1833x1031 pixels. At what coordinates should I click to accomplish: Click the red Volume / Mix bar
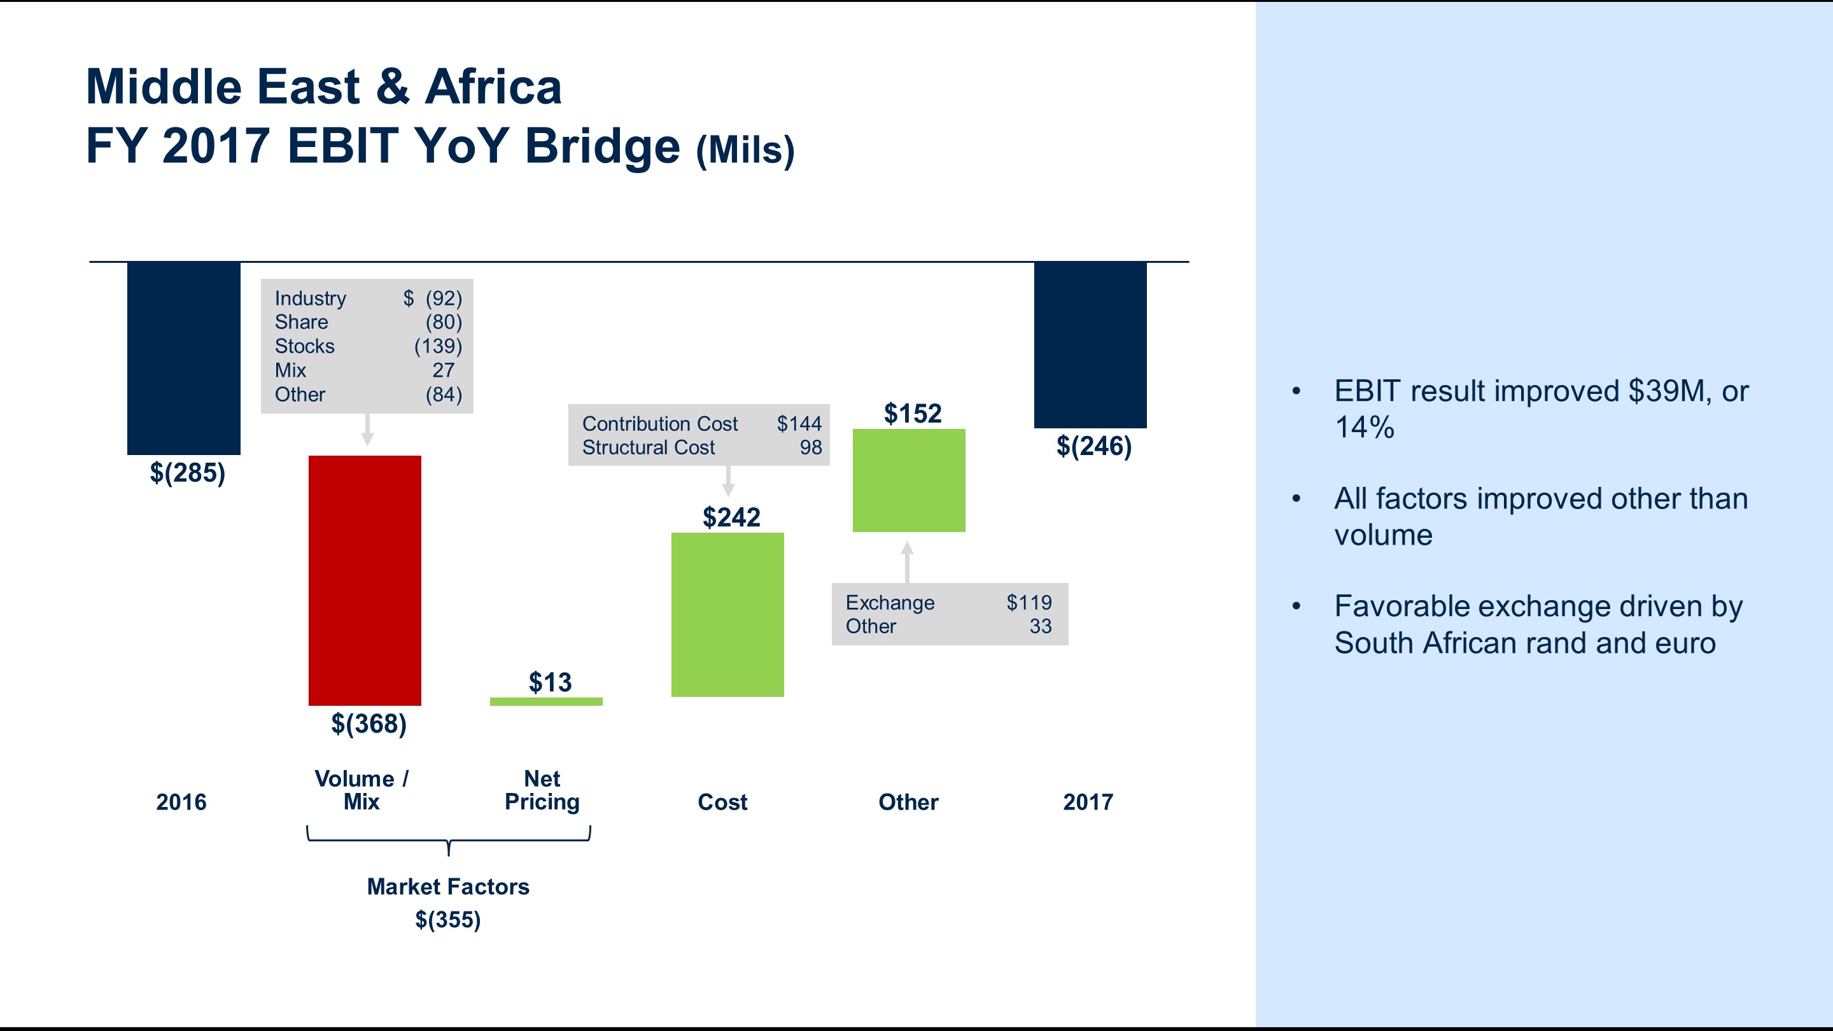pos(364,580)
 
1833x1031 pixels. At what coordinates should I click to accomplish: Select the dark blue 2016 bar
pos(183,357)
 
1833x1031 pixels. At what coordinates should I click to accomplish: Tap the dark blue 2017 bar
pos(1090,345)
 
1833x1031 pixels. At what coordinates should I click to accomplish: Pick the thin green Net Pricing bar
pos(546,701)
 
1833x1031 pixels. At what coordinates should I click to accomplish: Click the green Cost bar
pos(727,614)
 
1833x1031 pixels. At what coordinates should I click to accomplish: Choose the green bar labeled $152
pos(909,480)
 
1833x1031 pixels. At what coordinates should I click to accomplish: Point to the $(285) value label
pos(187,472)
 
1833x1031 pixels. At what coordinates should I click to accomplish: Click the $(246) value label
pos(1093,446)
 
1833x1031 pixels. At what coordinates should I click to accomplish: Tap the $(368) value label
pos(369,724)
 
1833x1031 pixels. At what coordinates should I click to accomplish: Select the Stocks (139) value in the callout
pos(438,346)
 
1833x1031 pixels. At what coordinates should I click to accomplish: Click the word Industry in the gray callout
pos(310,298)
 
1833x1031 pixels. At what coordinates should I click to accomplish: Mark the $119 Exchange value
pos(1029,603)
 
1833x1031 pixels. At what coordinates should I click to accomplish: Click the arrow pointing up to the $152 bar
pos(906,561)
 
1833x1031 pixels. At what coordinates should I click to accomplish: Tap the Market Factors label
pos(447,887)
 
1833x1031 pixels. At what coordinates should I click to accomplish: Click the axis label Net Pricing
pos(542,790)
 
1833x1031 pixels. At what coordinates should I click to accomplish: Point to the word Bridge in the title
pos(602,146)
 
